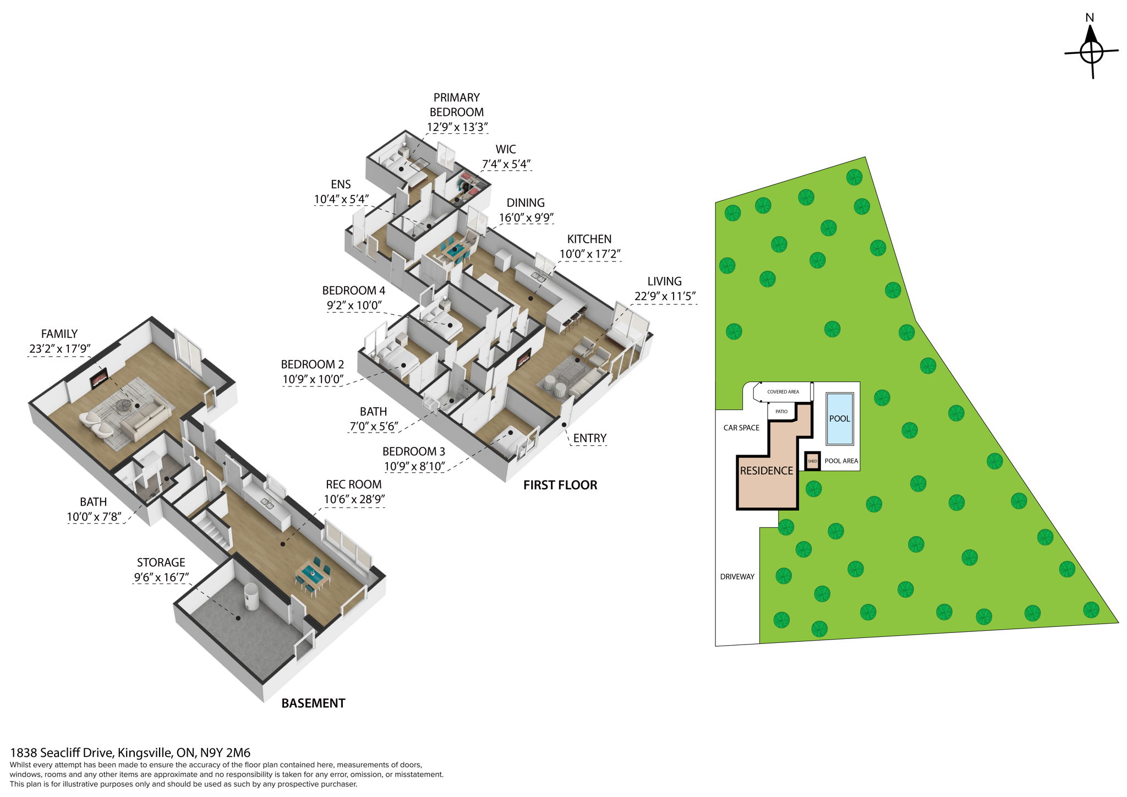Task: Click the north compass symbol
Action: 1091,51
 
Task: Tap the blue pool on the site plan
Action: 839,419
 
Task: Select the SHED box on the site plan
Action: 812,461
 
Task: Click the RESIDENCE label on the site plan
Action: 766,471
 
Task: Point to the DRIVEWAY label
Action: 737,577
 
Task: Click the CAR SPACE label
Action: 741,428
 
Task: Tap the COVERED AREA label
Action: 783,392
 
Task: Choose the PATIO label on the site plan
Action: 781,412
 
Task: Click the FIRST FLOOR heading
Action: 560,485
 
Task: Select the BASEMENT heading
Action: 313,703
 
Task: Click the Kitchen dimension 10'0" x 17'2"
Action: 590,254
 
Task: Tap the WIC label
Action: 506,150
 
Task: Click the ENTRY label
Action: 589,438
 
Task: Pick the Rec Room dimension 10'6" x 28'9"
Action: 354,500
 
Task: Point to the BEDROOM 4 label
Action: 353,291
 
